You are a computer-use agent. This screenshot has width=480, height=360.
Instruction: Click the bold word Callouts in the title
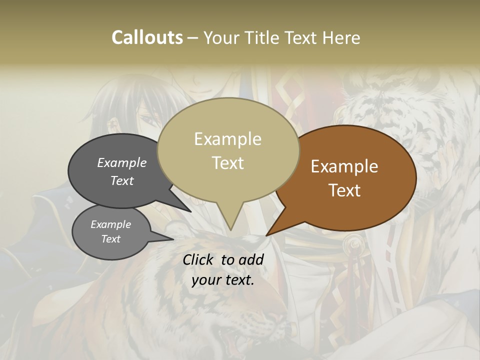147,37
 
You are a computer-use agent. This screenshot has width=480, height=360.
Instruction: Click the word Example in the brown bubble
344,166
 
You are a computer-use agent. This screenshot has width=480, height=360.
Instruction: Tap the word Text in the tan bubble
228,163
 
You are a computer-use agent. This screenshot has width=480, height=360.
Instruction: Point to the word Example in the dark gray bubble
122,162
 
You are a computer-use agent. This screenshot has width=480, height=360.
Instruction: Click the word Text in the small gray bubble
111,239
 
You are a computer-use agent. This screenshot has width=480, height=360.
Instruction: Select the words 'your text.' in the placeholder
223,280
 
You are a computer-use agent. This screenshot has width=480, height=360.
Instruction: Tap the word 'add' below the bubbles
251,259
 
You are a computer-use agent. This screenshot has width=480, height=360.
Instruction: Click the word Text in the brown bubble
345,190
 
